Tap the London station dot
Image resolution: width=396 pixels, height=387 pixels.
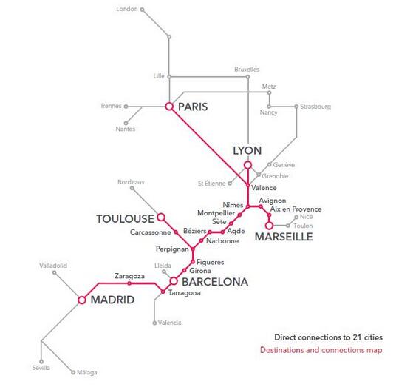point(142,10)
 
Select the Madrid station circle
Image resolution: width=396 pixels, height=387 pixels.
point(82,300)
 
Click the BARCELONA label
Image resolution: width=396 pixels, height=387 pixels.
point(215,282)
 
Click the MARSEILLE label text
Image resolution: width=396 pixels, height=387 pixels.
point(284,237)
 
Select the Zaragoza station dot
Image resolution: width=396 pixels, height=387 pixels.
point(129,283)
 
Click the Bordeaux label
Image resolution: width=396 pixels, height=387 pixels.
point(131,182)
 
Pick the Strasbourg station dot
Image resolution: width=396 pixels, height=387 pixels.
point(296,107)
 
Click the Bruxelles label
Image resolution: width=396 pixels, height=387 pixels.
point(247,70)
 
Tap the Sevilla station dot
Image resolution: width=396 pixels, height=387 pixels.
point(41,362)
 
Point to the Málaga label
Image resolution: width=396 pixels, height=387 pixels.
point(87,372)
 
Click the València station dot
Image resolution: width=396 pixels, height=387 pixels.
point(154,323)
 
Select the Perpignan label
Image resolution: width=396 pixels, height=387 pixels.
point(172,249)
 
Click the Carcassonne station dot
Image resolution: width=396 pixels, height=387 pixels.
point(176,232)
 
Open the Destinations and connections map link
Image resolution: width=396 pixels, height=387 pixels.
point(321,350)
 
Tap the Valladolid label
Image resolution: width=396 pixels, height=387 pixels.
point(53,266)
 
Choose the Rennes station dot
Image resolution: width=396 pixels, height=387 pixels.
point(126,107)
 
